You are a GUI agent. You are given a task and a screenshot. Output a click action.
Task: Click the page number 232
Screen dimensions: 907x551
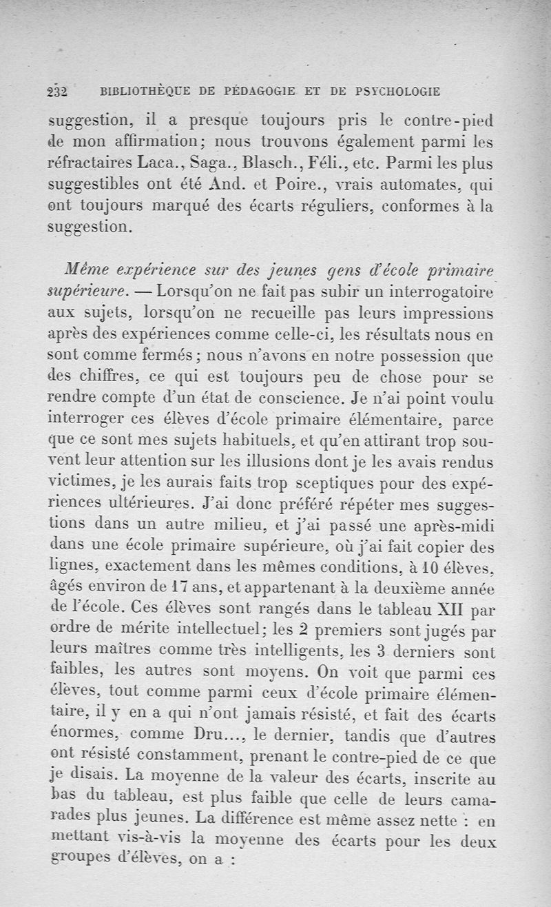coord(56,91)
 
